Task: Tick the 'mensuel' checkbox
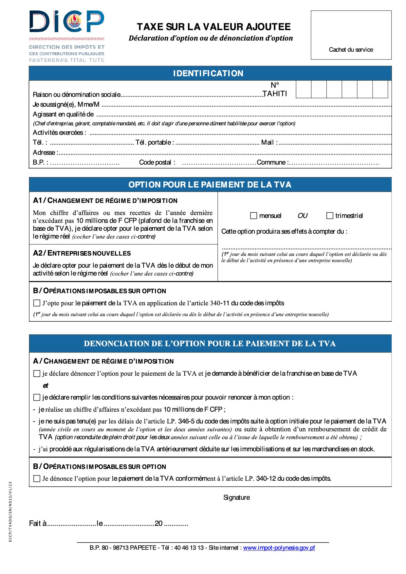[x=253, y=216]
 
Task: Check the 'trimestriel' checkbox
[x=330, y=216]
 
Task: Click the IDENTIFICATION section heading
[x=208, y=73]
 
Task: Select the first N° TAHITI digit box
[x=304, y=89]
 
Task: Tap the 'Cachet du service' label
[x=351, y=50]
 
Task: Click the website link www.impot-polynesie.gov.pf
[x=279, y=548]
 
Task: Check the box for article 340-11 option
[x=37, y=303]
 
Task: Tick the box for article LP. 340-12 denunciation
[x=37, y=478]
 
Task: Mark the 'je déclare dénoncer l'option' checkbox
[x=37, y=373]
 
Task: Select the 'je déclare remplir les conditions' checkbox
[x=37, y=397]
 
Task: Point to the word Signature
[x=236, y=497]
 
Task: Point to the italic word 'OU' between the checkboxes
[x=303, y=216]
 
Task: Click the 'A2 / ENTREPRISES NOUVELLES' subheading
[x=82, y=253]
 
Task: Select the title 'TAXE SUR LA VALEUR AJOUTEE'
[x=214, y=27]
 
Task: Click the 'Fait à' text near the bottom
[x=38, y=523]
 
